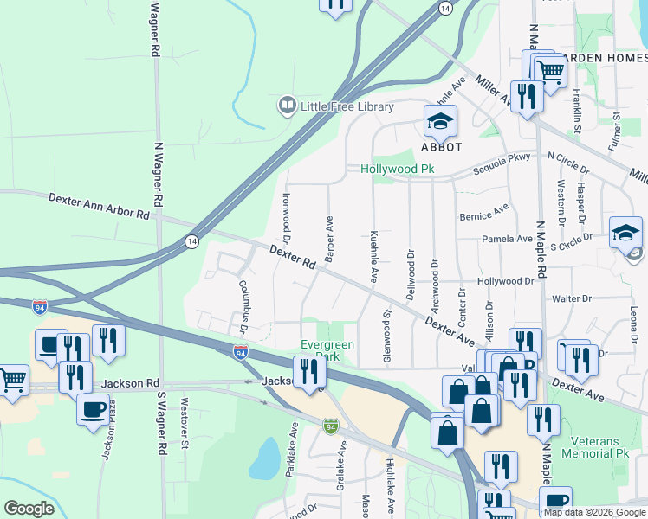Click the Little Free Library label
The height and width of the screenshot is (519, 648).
coord(347,107)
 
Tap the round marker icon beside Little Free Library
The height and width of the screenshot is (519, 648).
coord(286,107)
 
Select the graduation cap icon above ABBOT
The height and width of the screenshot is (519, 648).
coord(440,121)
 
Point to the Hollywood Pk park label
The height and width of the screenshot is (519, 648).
coord(397,170)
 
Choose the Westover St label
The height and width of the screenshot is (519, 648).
coord(185,417)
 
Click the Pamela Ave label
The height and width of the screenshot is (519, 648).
coord(508,239)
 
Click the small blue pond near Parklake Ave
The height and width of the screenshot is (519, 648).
coord(265,458)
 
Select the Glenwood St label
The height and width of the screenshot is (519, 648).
coord(386,335)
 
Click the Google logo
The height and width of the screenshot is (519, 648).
coord(29,509)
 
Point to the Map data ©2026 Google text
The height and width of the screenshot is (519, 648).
coord(593,512)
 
